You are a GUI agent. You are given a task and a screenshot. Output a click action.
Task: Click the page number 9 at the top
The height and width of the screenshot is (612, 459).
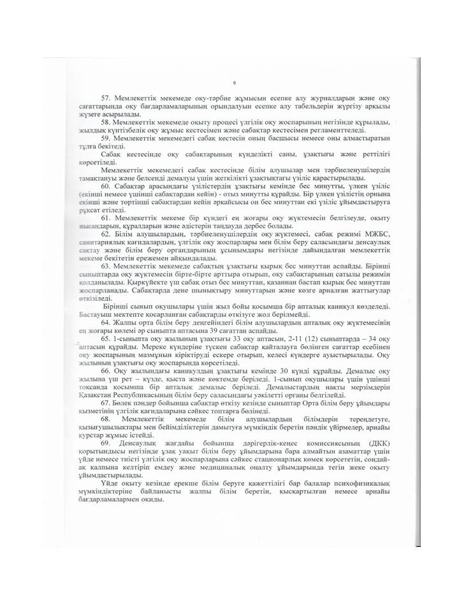234,83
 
